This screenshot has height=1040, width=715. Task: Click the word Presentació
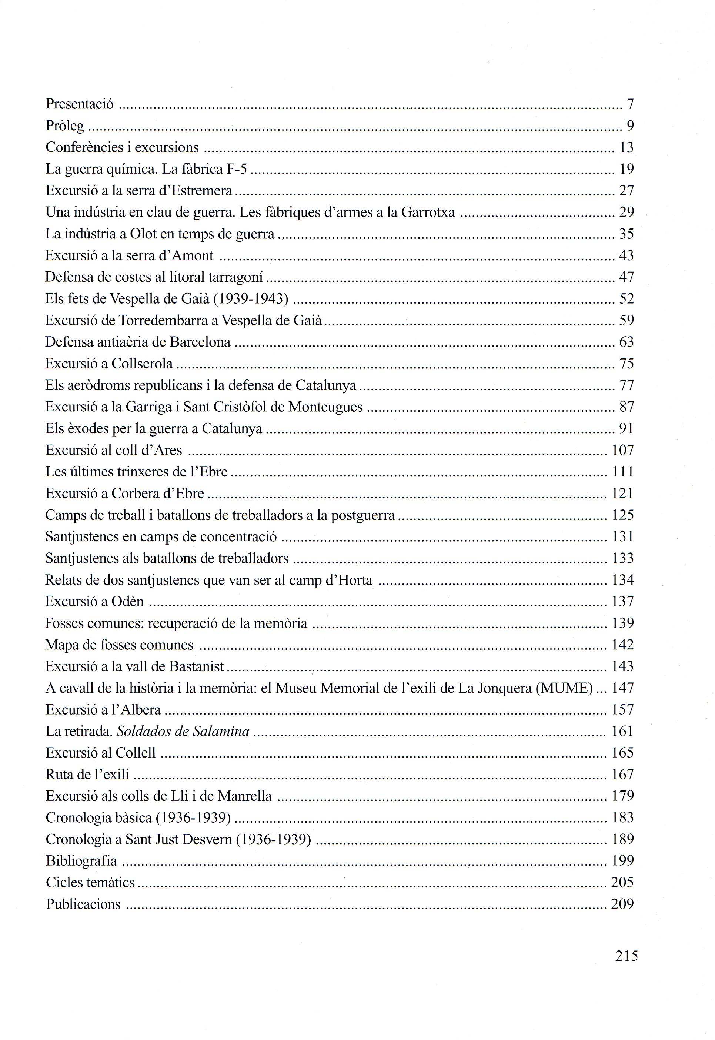[80, 104]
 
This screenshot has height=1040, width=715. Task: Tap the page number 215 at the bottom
[626, 956]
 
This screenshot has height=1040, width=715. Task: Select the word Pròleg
[65, 126]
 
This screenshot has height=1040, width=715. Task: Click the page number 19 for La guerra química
[626, 169]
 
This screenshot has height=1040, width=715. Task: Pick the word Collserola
[142, 364]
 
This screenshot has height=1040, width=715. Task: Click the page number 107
[623, 450]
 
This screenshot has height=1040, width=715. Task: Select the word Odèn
[128, 602]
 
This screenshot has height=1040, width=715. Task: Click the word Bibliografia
[81, 861]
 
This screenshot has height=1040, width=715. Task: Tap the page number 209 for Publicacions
[622, 904]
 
